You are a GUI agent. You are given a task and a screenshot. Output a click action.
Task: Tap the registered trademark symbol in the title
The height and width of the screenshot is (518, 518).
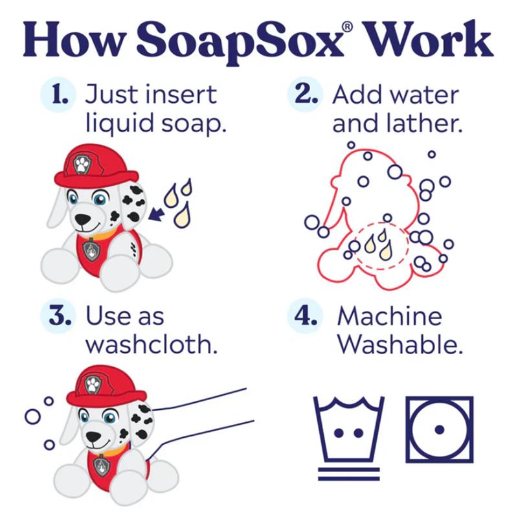click(x=348, y=27)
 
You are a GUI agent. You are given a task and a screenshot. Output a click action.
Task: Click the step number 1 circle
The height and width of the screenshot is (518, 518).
click(x=58, y=95)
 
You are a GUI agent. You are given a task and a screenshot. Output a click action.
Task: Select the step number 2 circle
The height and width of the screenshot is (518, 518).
click(x=304, y=95)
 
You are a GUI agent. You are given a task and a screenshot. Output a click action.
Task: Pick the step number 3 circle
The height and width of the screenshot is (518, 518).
click(x=58, y=316)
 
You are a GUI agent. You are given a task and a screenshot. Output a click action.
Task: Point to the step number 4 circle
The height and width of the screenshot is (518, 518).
click(x=304, y=316)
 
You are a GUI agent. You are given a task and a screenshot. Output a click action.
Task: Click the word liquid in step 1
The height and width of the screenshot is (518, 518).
click(x=120, y=124)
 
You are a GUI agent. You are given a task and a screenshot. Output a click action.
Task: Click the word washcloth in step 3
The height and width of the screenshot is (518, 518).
click(x=152, y=344)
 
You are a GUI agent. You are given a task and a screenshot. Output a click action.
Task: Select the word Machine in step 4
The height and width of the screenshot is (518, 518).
click(x=390, y=316)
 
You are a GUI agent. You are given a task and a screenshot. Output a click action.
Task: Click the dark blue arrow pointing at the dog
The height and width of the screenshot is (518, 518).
click(x=156, y=214)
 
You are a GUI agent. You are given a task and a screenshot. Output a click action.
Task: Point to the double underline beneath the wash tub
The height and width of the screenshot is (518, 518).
click(x=349, y=474)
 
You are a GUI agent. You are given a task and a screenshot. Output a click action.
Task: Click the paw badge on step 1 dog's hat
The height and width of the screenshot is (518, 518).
click(x=82, y=164)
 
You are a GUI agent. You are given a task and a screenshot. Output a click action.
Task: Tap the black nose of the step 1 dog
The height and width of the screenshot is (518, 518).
click(x=82, y=219)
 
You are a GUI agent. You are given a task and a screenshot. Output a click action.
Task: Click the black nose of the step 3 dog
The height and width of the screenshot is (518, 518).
click(x=93, y=437)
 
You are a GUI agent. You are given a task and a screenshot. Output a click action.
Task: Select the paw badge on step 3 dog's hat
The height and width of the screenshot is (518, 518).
click(x=93, y=385)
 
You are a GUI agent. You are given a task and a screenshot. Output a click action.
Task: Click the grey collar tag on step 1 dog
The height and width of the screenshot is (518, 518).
click(x=91, y=249)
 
